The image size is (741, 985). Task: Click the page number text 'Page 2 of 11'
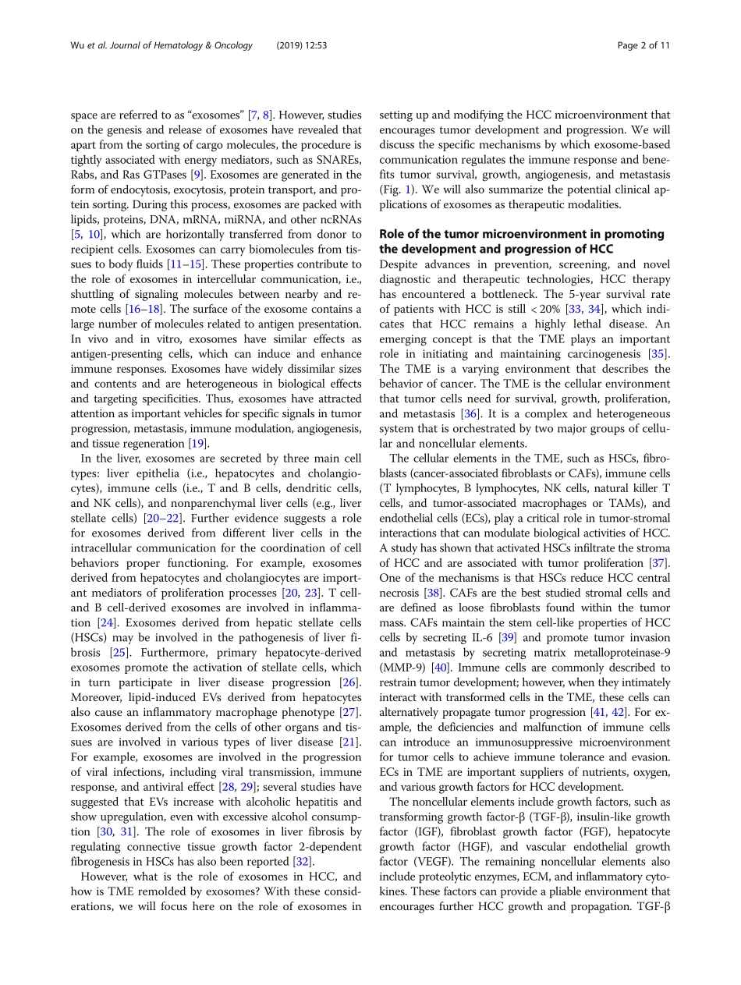pyautogui.click(x=643, y=46)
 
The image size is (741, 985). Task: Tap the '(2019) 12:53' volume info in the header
pyautogui.click(x=301, y=46)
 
